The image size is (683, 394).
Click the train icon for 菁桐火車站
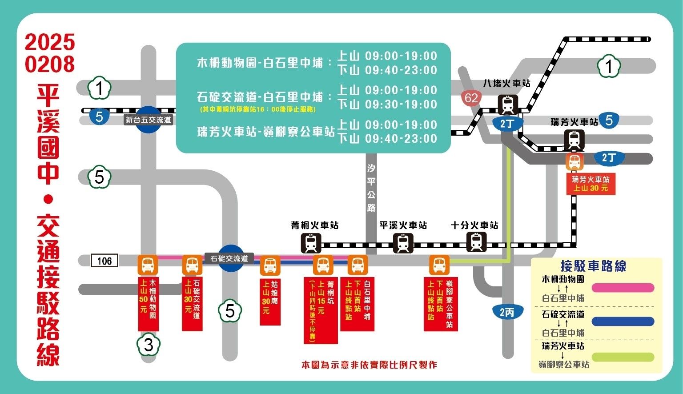[311, 243]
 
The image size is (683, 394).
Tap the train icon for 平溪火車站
[403, 243]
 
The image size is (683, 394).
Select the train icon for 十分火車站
[476, 242]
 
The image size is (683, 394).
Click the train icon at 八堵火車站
[507, 105]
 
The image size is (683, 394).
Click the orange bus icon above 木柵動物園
[148, 265]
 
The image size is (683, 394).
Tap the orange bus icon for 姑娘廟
[270, 266]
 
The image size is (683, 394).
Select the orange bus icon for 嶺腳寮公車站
[439, 265]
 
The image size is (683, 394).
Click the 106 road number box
[104, 261]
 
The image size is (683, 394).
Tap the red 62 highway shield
[471, 98]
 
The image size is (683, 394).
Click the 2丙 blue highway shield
[507, 312]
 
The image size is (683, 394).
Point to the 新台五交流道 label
[148, 120]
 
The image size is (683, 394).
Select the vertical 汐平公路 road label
[371, 188]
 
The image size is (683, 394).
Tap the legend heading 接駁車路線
[593, 266]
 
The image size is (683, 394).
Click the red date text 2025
[50, 43]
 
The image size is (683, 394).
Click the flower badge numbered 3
[149, 345]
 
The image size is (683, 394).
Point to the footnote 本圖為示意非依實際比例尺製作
[369, 365]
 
